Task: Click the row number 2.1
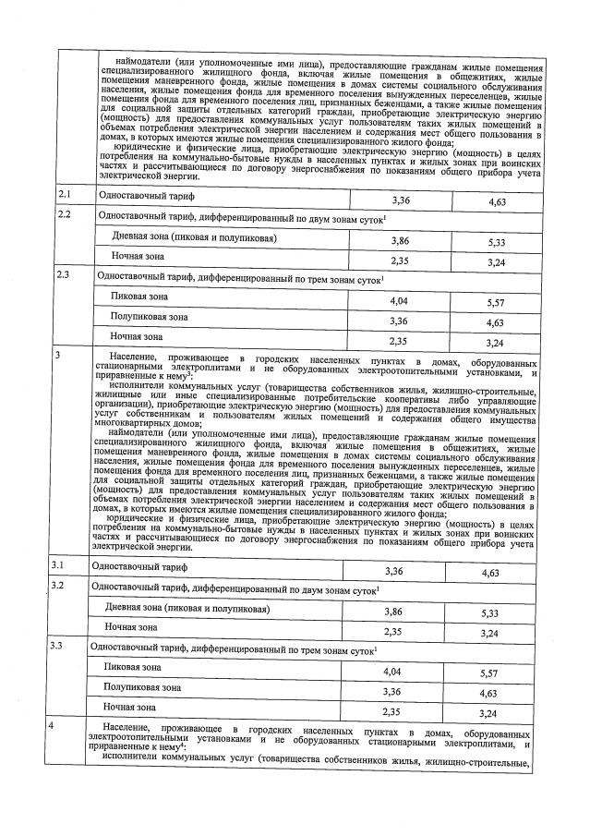(65, 195)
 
